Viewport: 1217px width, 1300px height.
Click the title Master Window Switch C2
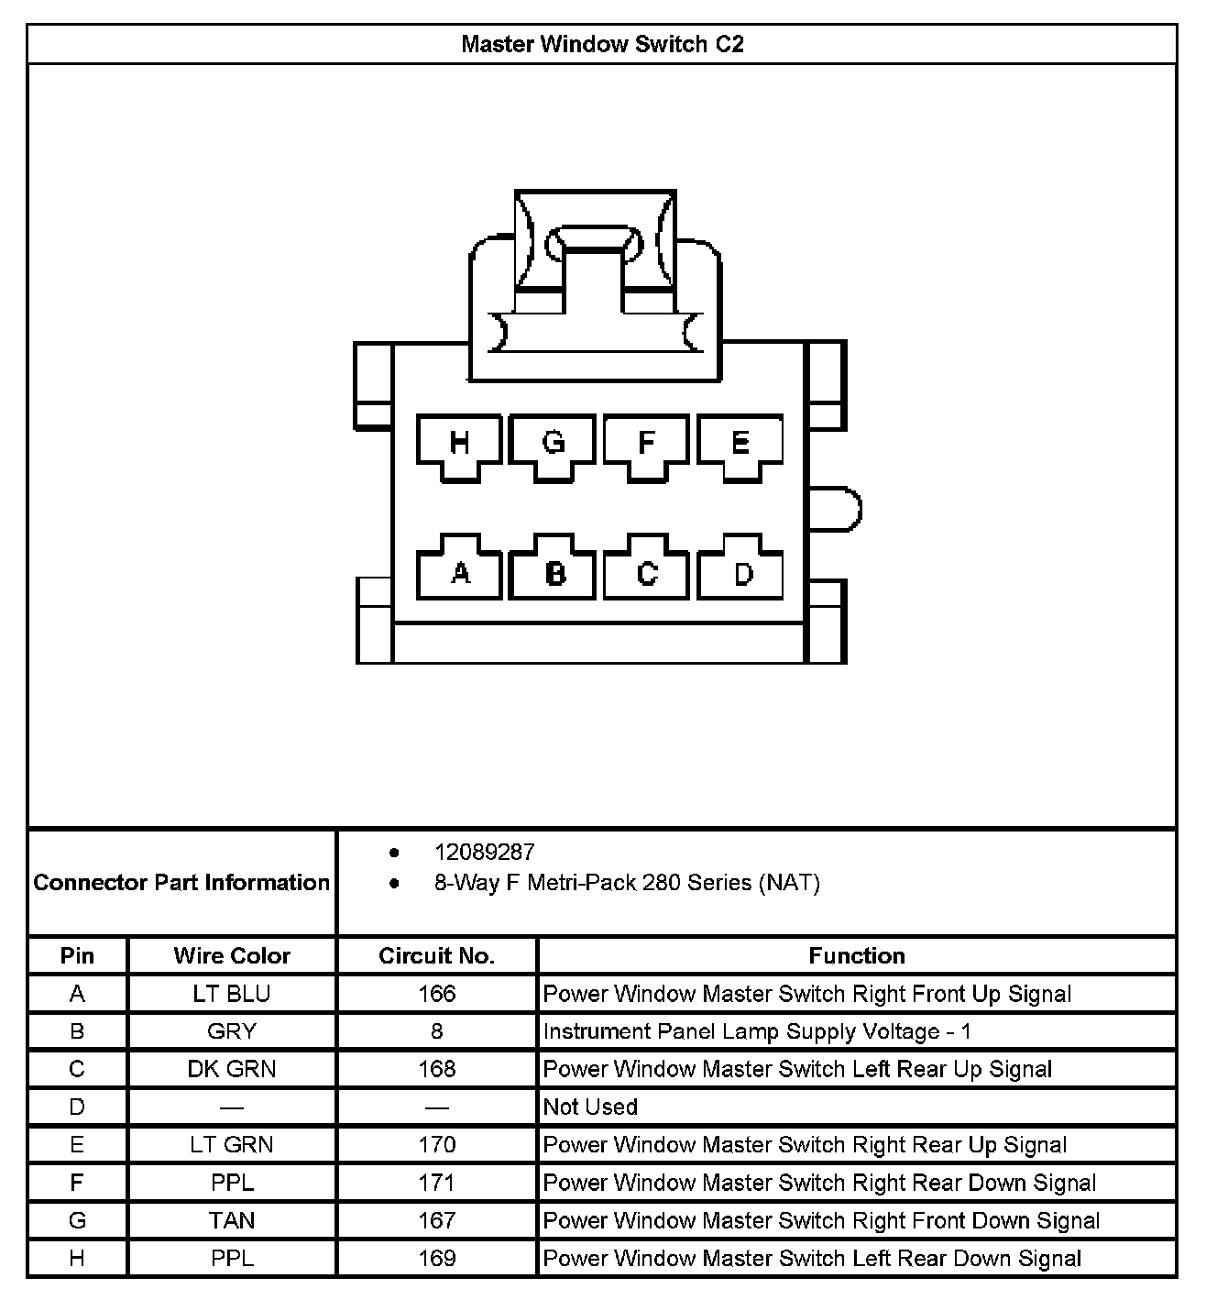tap(602, 44)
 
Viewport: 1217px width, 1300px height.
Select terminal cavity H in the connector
tap(459, 445)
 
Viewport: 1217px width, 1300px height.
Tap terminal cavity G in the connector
tap(553, 445)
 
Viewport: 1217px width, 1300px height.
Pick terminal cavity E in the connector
tap(740, 445)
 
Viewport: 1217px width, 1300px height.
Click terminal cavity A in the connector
tap(459, 572)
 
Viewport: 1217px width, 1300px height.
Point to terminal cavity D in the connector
tap(741, 572)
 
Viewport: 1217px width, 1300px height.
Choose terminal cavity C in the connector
tap(646, 572)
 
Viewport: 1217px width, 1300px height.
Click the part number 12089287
tap(484, 853)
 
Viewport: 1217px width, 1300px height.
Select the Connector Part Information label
tap(181, 883)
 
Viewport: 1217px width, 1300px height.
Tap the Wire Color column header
tap(232, 956)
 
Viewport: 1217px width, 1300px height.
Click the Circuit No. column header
tap(436, 956)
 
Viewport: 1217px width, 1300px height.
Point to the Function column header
tap(856, 956)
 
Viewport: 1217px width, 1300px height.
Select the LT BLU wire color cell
tap(232, 994)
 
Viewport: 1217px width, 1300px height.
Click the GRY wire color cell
tap(232, 1031)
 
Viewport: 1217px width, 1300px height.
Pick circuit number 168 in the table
tap(436, 1069)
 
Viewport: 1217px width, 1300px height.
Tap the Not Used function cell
tap(590, 1107)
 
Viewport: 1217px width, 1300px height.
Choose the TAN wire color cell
tap(232, 1220)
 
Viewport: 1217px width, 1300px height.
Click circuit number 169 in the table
tap(436, 1258)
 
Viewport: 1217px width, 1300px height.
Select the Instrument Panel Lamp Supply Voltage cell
tap(757, 1031)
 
